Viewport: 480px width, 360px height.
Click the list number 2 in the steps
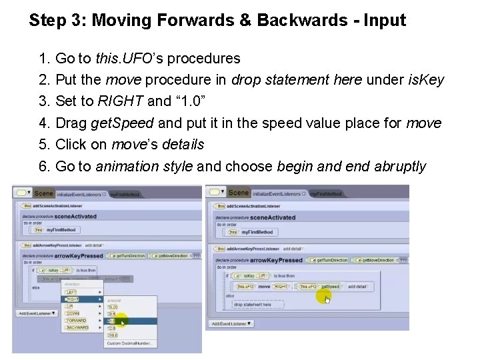45,81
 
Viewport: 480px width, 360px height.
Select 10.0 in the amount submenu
113,335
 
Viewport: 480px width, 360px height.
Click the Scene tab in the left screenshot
43,193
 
